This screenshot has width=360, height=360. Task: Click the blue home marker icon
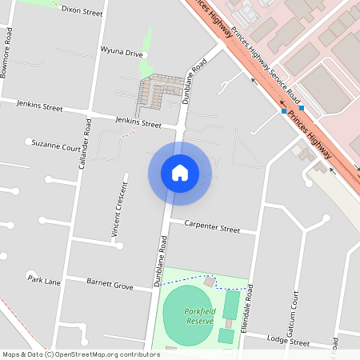click(179, 173)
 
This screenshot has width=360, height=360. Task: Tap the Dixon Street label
click(82, 13)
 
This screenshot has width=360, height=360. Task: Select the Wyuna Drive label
click(122, 54)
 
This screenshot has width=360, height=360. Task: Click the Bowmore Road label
click(7, 54)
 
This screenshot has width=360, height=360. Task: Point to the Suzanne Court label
click(56, 147)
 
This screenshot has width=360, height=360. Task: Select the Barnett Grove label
click(111, 284)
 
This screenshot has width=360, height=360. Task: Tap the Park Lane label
click(44, 280)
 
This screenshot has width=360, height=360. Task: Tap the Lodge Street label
click(289, 342)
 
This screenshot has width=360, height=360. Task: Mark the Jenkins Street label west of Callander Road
click(31, 105)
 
